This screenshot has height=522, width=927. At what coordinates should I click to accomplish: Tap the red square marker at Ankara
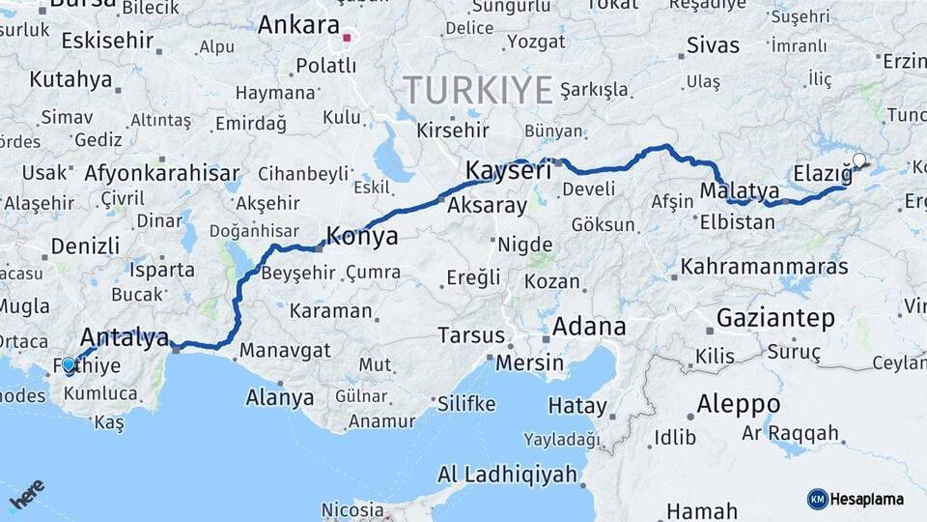click(347, 39)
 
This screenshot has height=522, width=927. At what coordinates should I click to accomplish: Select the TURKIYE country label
click(478, 90)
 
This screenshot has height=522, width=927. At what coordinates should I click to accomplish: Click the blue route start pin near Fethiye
click(69, 365)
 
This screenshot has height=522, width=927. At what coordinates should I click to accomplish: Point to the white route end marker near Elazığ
click(858, 160)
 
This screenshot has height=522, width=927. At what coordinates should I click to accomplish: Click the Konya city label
click(362, 236)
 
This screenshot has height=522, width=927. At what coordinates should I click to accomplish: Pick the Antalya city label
click(125, 337)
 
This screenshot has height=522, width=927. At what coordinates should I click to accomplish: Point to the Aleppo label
click(739, 403)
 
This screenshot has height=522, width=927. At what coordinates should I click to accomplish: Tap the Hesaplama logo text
click(869, 499)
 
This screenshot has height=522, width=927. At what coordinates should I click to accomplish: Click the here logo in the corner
click(27, 495)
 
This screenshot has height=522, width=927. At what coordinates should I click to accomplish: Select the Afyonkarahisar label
click(162, 174)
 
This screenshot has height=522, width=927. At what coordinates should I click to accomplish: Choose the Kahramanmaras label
click(764, 266)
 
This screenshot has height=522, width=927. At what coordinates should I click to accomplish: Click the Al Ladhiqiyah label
click(507, 475)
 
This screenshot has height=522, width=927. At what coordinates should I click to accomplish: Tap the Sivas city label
click(713, 45)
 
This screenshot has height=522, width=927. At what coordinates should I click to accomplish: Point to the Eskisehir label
click(107, 41)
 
